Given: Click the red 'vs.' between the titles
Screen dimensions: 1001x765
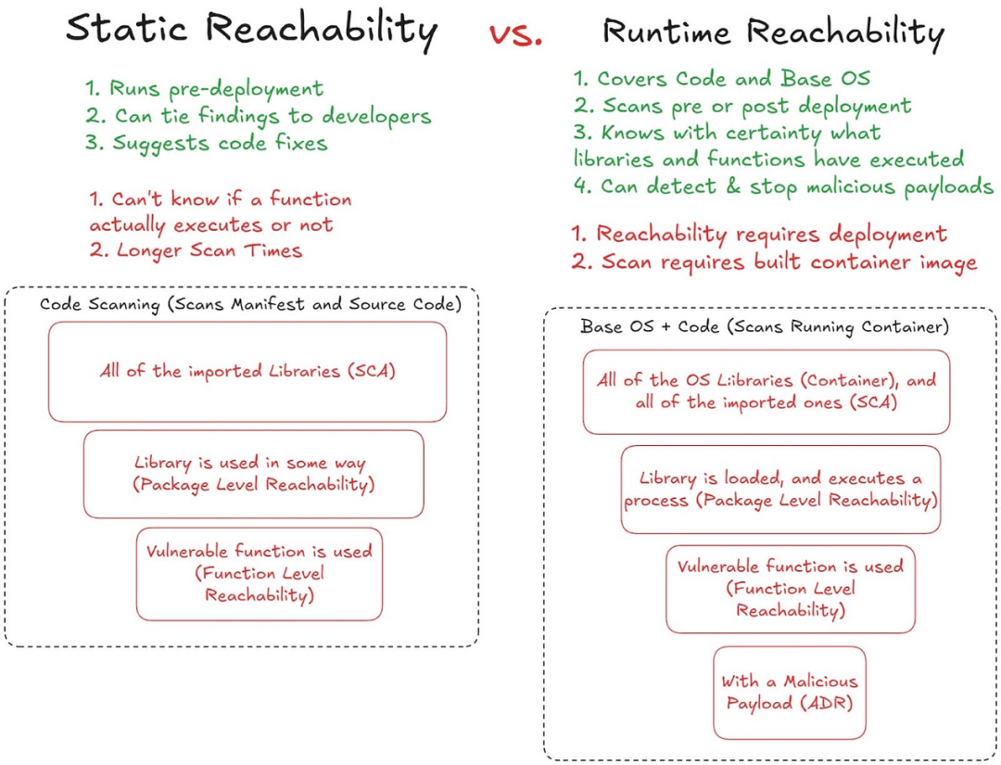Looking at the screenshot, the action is click(516, 35).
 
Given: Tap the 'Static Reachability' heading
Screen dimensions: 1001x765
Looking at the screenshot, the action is click(252, 31).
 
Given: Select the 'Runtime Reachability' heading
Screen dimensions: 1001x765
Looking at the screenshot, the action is click(773, 33).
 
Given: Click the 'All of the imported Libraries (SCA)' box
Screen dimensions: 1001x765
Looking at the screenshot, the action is click(247, 372).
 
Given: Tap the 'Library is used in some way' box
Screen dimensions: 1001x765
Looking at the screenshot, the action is click(253, 474).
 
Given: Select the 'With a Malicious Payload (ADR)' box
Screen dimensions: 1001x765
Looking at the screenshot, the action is click(790, 693).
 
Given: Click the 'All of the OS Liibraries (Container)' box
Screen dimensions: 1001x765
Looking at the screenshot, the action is click(767, 391).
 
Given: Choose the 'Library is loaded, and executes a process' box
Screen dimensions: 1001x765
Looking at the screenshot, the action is click(780, 490).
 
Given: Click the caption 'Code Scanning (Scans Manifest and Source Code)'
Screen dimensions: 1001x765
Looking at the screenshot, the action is click(250, 304).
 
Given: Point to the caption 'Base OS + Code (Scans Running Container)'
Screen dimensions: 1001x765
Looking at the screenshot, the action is click(764, 327).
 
